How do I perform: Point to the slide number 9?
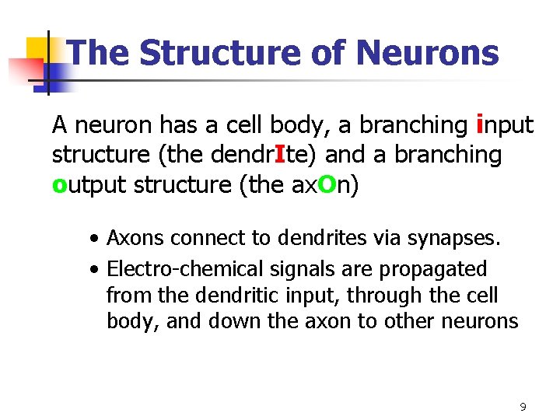point(523,407)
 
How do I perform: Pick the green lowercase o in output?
point(59,187)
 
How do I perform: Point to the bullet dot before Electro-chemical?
point(93,270)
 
